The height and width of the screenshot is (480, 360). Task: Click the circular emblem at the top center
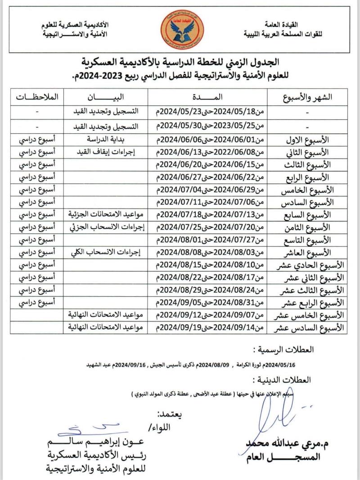point(182,28)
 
